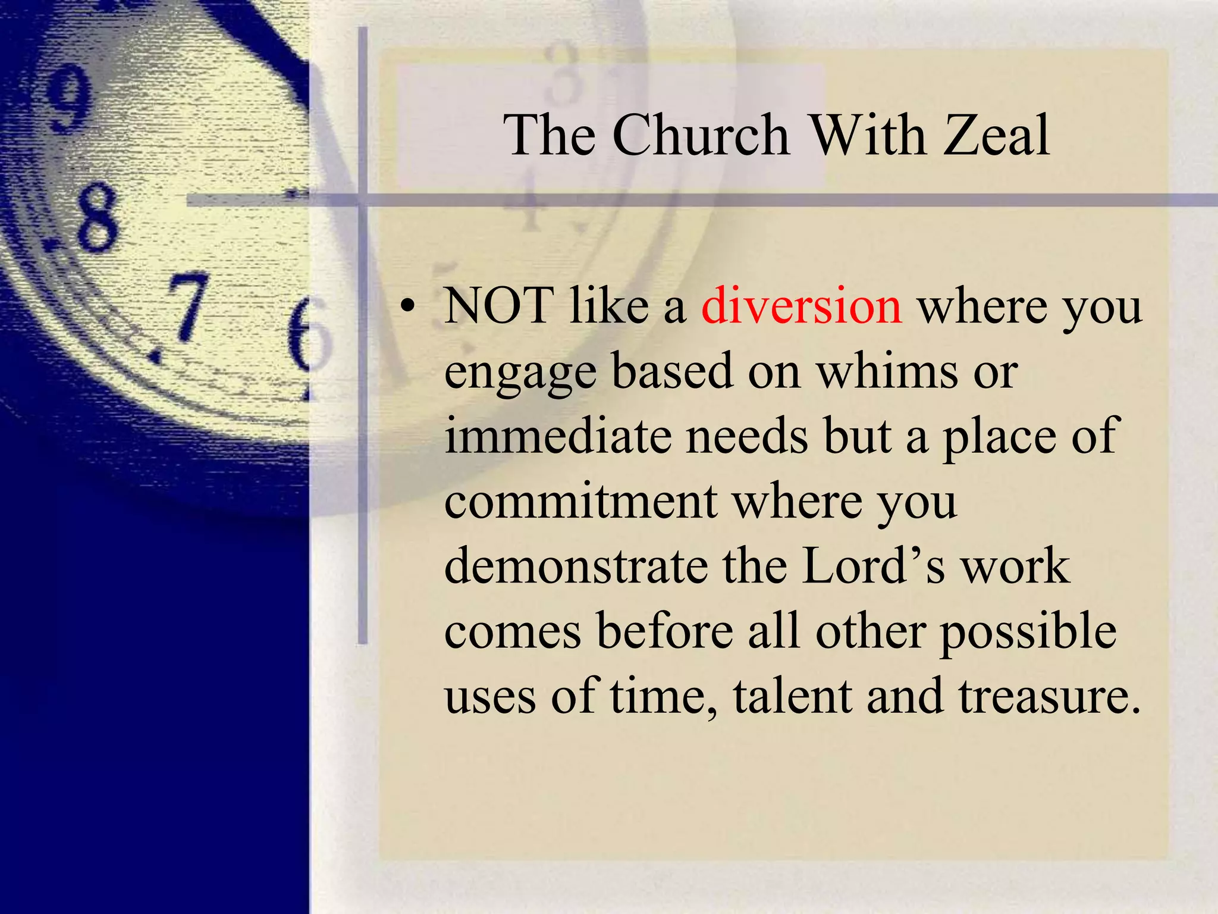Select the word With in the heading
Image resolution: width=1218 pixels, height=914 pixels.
pos(868,136)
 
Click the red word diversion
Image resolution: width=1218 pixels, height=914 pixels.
pos(802,306)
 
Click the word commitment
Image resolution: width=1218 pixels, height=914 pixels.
pos(580,502)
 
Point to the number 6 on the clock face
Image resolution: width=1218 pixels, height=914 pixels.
pos(308,338)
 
